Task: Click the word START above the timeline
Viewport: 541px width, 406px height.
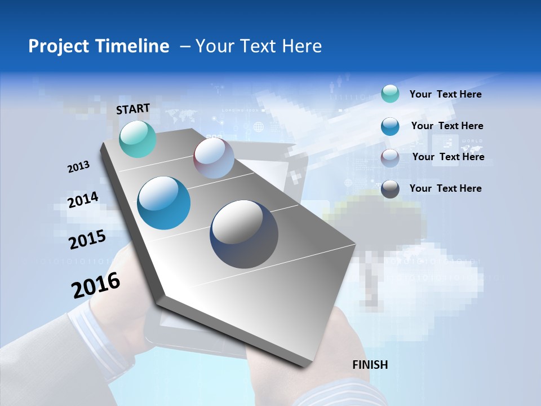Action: click(x=133, y=109)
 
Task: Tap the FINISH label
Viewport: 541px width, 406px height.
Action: click(x=370, y=365)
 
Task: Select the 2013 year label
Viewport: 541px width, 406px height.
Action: click(x=78, y=167)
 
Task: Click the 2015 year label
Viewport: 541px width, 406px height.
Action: click(x=87, y=240)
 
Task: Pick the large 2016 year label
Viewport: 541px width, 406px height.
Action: click(x=96, y=285)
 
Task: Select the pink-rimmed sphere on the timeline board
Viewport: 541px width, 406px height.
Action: click(x=214, y=158)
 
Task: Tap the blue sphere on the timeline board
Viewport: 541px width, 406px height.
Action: click(x=164, y=203)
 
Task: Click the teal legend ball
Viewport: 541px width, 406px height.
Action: click(x=390, y=94)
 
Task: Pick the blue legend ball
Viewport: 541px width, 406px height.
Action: click(x=390, y=126)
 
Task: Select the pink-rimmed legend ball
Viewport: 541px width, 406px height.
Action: click(x=390, y=158)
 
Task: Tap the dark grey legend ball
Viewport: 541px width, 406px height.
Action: click(x=390, y=189)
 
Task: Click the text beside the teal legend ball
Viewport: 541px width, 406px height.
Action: click(x=445, y=94)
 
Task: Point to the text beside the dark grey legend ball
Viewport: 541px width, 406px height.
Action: click(x=445, y=188)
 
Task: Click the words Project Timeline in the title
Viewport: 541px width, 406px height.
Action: click(x=99, y=46)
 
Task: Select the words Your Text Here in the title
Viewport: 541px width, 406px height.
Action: click(x=259, y=46)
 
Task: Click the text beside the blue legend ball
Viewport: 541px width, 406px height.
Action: click(x=447, y=126)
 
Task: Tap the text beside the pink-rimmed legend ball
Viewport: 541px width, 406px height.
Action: click(x=448, y=157)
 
